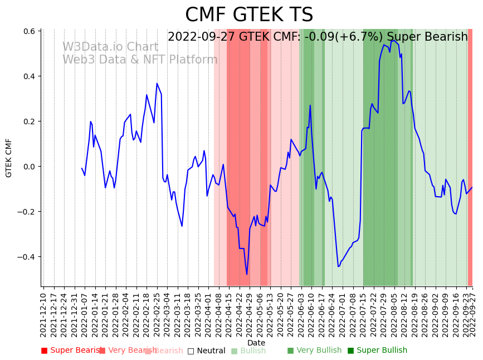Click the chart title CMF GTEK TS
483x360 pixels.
tap(249, 15)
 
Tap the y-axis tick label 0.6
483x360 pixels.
tap(30, 31)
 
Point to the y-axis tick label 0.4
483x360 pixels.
tap(30, 76)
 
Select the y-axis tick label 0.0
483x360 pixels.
tap(30, 167)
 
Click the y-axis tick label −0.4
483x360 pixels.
tap(27, 257)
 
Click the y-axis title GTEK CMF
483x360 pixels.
tap(9, 158)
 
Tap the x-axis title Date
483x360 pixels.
tap(256, 343)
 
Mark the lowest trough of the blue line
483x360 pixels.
tap(247, 274)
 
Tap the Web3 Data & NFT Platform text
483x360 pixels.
tap(140, 60)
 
